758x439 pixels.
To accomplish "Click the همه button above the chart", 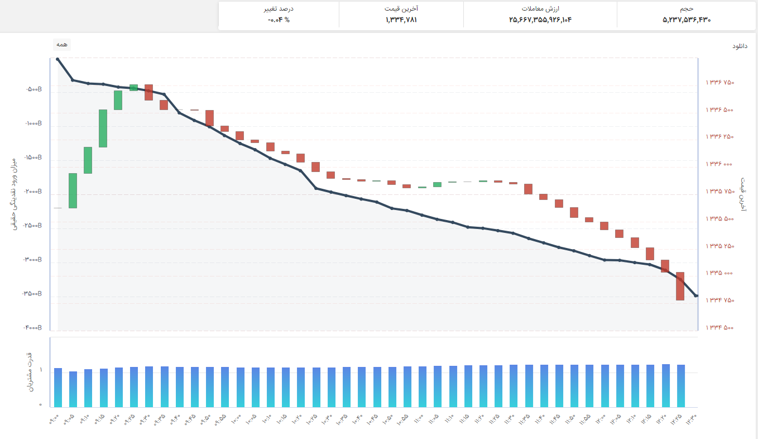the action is coord(62,45).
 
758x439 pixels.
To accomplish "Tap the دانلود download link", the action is coord(740,46).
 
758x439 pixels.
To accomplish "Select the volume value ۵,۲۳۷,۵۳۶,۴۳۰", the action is coord(686,20).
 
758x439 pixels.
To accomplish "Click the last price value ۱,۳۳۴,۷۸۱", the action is coord(401,20).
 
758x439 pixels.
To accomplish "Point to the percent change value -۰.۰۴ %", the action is coord(279,20).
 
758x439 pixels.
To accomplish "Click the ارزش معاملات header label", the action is coord(540,8).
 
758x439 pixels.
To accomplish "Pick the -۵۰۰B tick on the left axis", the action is coord(34,89).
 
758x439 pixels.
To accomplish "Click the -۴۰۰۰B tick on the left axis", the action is coord(32,327).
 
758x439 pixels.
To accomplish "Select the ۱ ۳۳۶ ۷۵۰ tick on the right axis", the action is coord(719,82).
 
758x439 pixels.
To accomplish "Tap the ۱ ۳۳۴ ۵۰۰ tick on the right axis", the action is coord(719,327).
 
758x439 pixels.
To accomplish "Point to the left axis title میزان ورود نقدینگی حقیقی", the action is coord(14,194).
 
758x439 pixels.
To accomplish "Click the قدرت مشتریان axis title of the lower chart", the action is coord(30,372).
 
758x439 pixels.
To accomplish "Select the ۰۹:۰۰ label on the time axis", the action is coord(54,419).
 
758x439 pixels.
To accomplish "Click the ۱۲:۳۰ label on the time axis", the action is coord(692,419).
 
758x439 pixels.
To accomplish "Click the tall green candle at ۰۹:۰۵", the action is coord(73,190).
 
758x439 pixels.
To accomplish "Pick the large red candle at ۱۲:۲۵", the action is coord(680,286).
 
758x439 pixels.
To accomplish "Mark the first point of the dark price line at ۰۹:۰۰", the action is coord(58,59).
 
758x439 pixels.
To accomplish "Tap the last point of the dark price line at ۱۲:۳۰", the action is coord(695,295).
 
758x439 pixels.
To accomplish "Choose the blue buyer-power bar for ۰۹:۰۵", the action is coord(73,389).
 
